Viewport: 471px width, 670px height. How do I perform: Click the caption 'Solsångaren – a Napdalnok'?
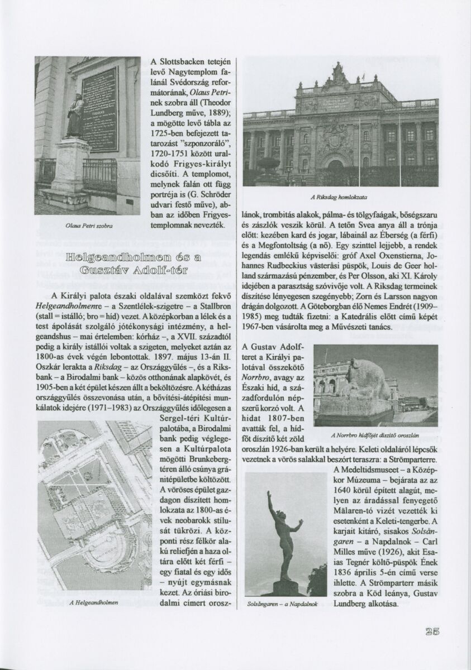pyautogui.click(x=282, y=604)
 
